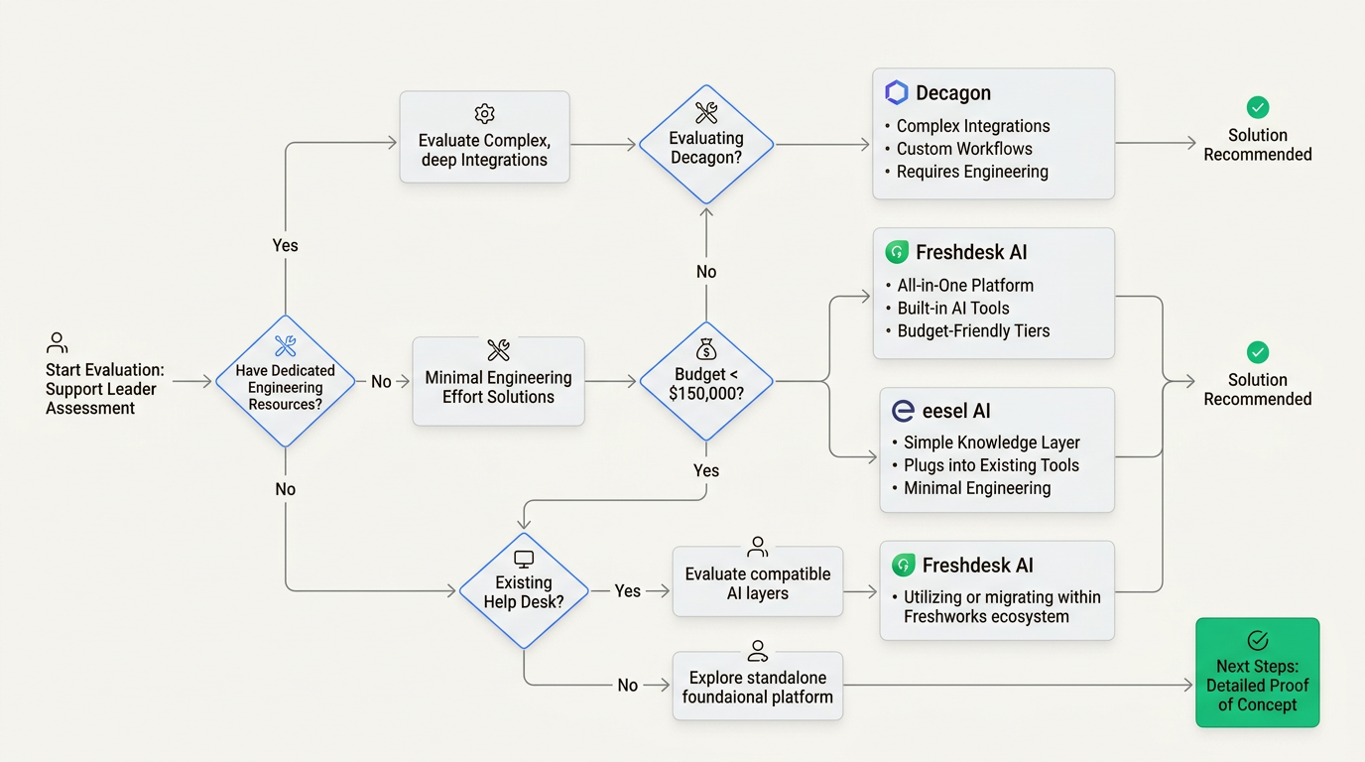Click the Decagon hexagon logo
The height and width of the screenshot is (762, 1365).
pyautogui.click(x=897, y=93)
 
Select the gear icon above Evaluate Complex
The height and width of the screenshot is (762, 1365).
pyautogui.click(x=484, y=113)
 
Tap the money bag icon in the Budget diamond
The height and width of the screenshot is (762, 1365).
pyautogui.click(x=706, y=349)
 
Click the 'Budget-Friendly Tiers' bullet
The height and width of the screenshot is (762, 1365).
pyautogui.click(x=972, y=331)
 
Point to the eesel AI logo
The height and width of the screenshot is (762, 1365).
pyautogui.click(x=903, y=412)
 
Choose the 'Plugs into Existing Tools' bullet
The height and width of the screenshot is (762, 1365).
pyautogui.click(x=990, y=465)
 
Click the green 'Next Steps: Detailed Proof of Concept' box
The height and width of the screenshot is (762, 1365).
pyautogui.click(x=1257, y=673)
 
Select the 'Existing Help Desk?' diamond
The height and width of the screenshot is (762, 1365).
pyautogui.click(x=524, y=591)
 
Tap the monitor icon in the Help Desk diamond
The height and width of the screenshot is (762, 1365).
pyautogui.click(x=524, y=561)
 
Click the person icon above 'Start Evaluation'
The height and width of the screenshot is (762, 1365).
pyautogui.click(x=58, y=343)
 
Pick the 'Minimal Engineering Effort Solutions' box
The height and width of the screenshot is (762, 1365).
pyautogui.click(x=498, y=382)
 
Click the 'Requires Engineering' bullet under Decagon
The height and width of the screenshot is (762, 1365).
pyautogui.click(x=971, y=172)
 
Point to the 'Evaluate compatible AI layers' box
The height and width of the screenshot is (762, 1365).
pyautogui.click(x=758, y=582)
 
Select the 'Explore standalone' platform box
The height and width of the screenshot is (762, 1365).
pyautogui.click(x=758, y=686)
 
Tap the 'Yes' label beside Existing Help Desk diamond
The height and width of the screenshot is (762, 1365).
pyautogui.click(x=627, y=591)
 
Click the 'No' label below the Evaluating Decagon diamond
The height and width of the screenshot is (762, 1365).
pyautogui.click(x=706, y=272)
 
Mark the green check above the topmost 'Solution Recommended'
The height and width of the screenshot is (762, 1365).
pyautogui.click(x=1257, y=107)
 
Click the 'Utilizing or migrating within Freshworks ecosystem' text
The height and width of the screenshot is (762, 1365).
pyautogui.click(x=1001, y=606)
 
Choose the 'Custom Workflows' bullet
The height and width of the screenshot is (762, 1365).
pyautogui.click(x=963, y=149)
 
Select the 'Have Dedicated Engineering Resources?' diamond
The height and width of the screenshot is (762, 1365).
pyautogui.click(x=286, y=381)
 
